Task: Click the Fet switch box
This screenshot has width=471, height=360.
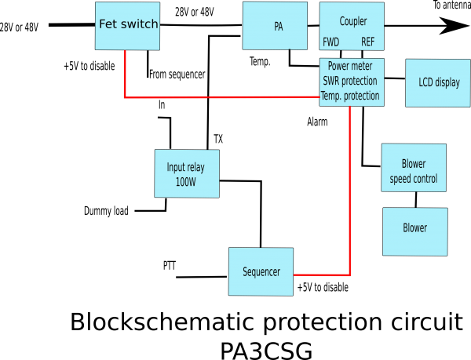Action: [x=127, y=26]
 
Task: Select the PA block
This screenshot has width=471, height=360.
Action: [x=275, y=26]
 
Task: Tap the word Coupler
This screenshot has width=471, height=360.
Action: [x=353, y=21]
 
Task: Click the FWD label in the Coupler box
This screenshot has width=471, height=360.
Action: [x=331, y=42]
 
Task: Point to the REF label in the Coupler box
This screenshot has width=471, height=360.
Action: [x=368, y=42]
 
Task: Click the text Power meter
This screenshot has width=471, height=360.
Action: [x=350, y=67]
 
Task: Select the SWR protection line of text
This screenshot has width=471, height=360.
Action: [x=350, y=81]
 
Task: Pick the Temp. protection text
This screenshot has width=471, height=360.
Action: [x=350, y=96]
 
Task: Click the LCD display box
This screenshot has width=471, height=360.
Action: [x=438, y=82]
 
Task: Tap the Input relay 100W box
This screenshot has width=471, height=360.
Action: [x=187, y=173]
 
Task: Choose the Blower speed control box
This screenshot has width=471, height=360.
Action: [x=414, y=168]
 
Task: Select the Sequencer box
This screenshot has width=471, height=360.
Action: [x=261, y=271]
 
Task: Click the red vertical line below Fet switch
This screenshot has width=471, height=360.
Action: [x=125, y=75]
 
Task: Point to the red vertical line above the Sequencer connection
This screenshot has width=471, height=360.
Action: [x=350, y=188]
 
